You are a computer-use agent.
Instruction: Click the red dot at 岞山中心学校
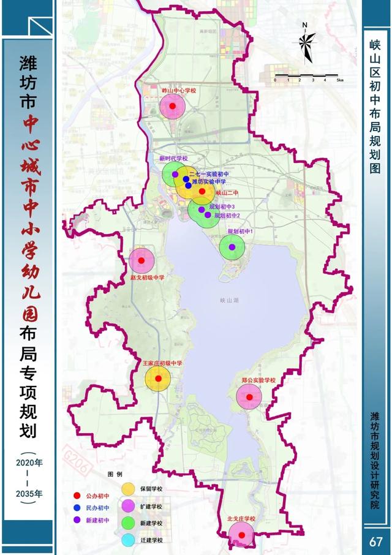click(172, 105)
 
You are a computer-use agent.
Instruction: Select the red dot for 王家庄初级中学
click(157, 379)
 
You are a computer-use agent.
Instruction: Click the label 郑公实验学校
click(259, 380)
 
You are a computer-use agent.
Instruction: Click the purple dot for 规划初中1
click(232, 247)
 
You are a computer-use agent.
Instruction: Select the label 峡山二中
click(226, 192)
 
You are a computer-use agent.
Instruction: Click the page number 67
click(375, 542)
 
